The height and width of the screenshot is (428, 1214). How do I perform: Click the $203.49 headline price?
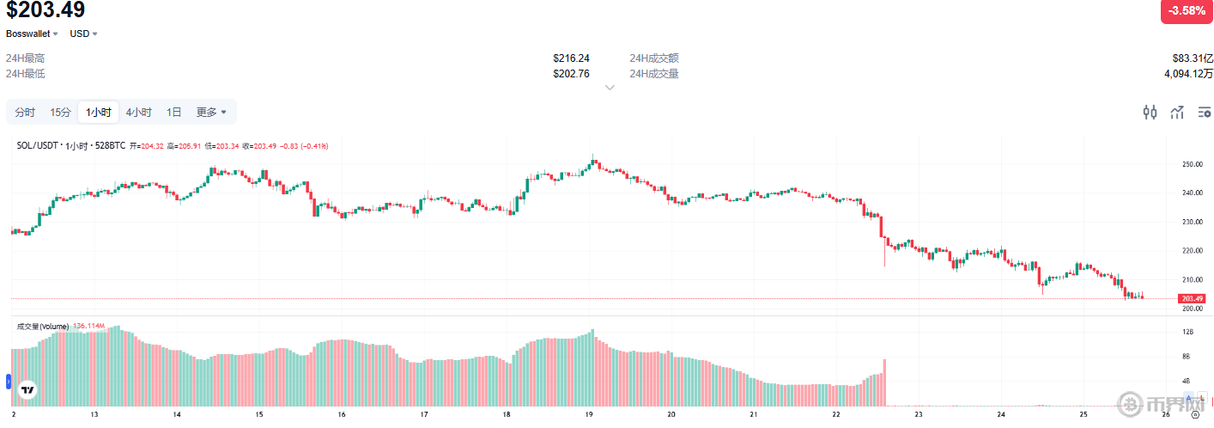[46, 11]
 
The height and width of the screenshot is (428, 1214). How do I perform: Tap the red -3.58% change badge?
[1186, 11]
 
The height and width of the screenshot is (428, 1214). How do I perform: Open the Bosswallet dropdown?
[32, 34]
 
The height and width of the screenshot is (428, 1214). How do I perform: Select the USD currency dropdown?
[83, 34]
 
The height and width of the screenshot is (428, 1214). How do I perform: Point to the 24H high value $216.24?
[571, 58]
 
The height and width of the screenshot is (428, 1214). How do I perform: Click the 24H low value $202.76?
[571, 74]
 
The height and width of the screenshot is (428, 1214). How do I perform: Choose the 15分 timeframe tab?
[60, 112]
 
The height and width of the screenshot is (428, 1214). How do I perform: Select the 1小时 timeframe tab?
[98, 112]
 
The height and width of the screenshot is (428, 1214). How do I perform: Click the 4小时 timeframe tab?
[138, 112]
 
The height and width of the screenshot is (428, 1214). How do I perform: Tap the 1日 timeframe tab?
[173, 112]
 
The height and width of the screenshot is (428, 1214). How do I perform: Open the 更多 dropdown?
[211, 112]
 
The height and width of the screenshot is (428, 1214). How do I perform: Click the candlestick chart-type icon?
[1150, 112]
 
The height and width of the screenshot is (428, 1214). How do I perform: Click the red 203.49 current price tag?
[1193, 298]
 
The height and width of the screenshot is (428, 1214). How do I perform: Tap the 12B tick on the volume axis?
[1188, 332]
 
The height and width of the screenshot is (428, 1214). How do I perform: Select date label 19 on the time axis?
[589, 413]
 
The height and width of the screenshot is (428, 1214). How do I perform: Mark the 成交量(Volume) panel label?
[43, 326]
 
